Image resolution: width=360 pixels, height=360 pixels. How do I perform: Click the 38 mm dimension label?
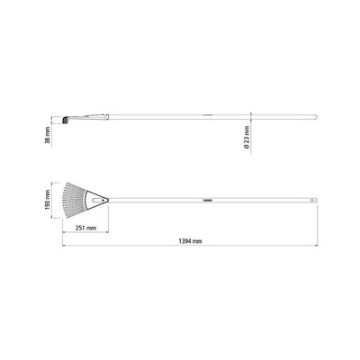(x=48, y=137)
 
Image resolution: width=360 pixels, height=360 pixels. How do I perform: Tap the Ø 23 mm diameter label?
(x=247, y=138)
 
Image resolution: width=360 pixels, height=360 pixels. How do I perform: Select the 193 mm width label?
(x=48, y=201)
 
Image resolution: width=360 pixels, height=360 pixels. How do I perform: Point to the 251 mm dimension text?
(x=85, y=228)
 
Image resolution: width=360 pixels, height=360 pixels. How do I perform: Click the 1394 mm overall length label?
(x=190, y=241)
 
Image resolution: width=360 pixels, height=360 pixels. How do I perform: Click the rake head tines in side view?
(x=65, y=121)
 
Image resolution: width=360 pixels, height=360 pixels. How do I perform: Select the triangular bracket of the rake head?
(x=96, y=200)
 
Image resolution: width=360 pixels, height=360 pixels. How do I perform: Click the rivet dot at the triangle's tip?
(x=103, y=200)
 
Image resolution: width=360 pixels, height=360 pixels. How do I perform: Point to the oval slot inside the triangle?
(x=96, y=200)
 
